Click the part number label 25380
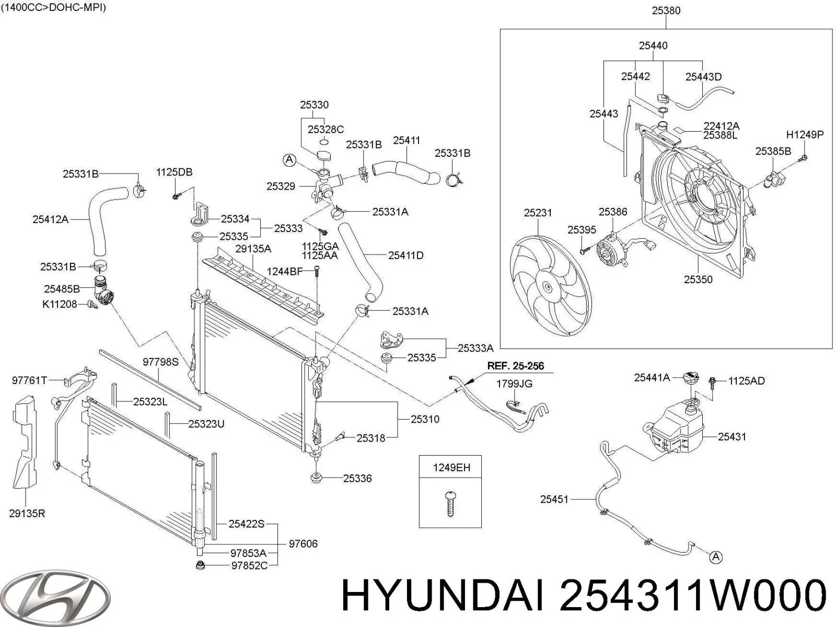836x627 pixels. [x=666, y=10]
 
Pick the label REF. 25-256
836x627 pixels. [x=515, y=366]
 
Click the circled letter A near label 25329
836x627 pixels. [x=289, y=160]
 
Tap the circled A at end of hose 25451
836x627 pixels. [x=716, y=558]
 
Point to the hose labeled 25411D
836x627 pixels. [x=361, y=261]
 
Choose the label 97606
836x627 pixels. [x=303, y=544]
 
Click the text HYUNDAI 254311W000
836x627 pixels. [x=583, y=596]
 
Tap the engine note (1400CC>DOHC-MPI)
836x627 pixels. [x=53, y=8]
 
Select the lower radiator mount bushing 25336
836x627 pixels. [x=316, y=477]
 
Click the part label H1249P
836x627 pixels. [x=805, y=135]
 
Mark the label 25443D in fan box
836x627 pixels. [x=703, y=77]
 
